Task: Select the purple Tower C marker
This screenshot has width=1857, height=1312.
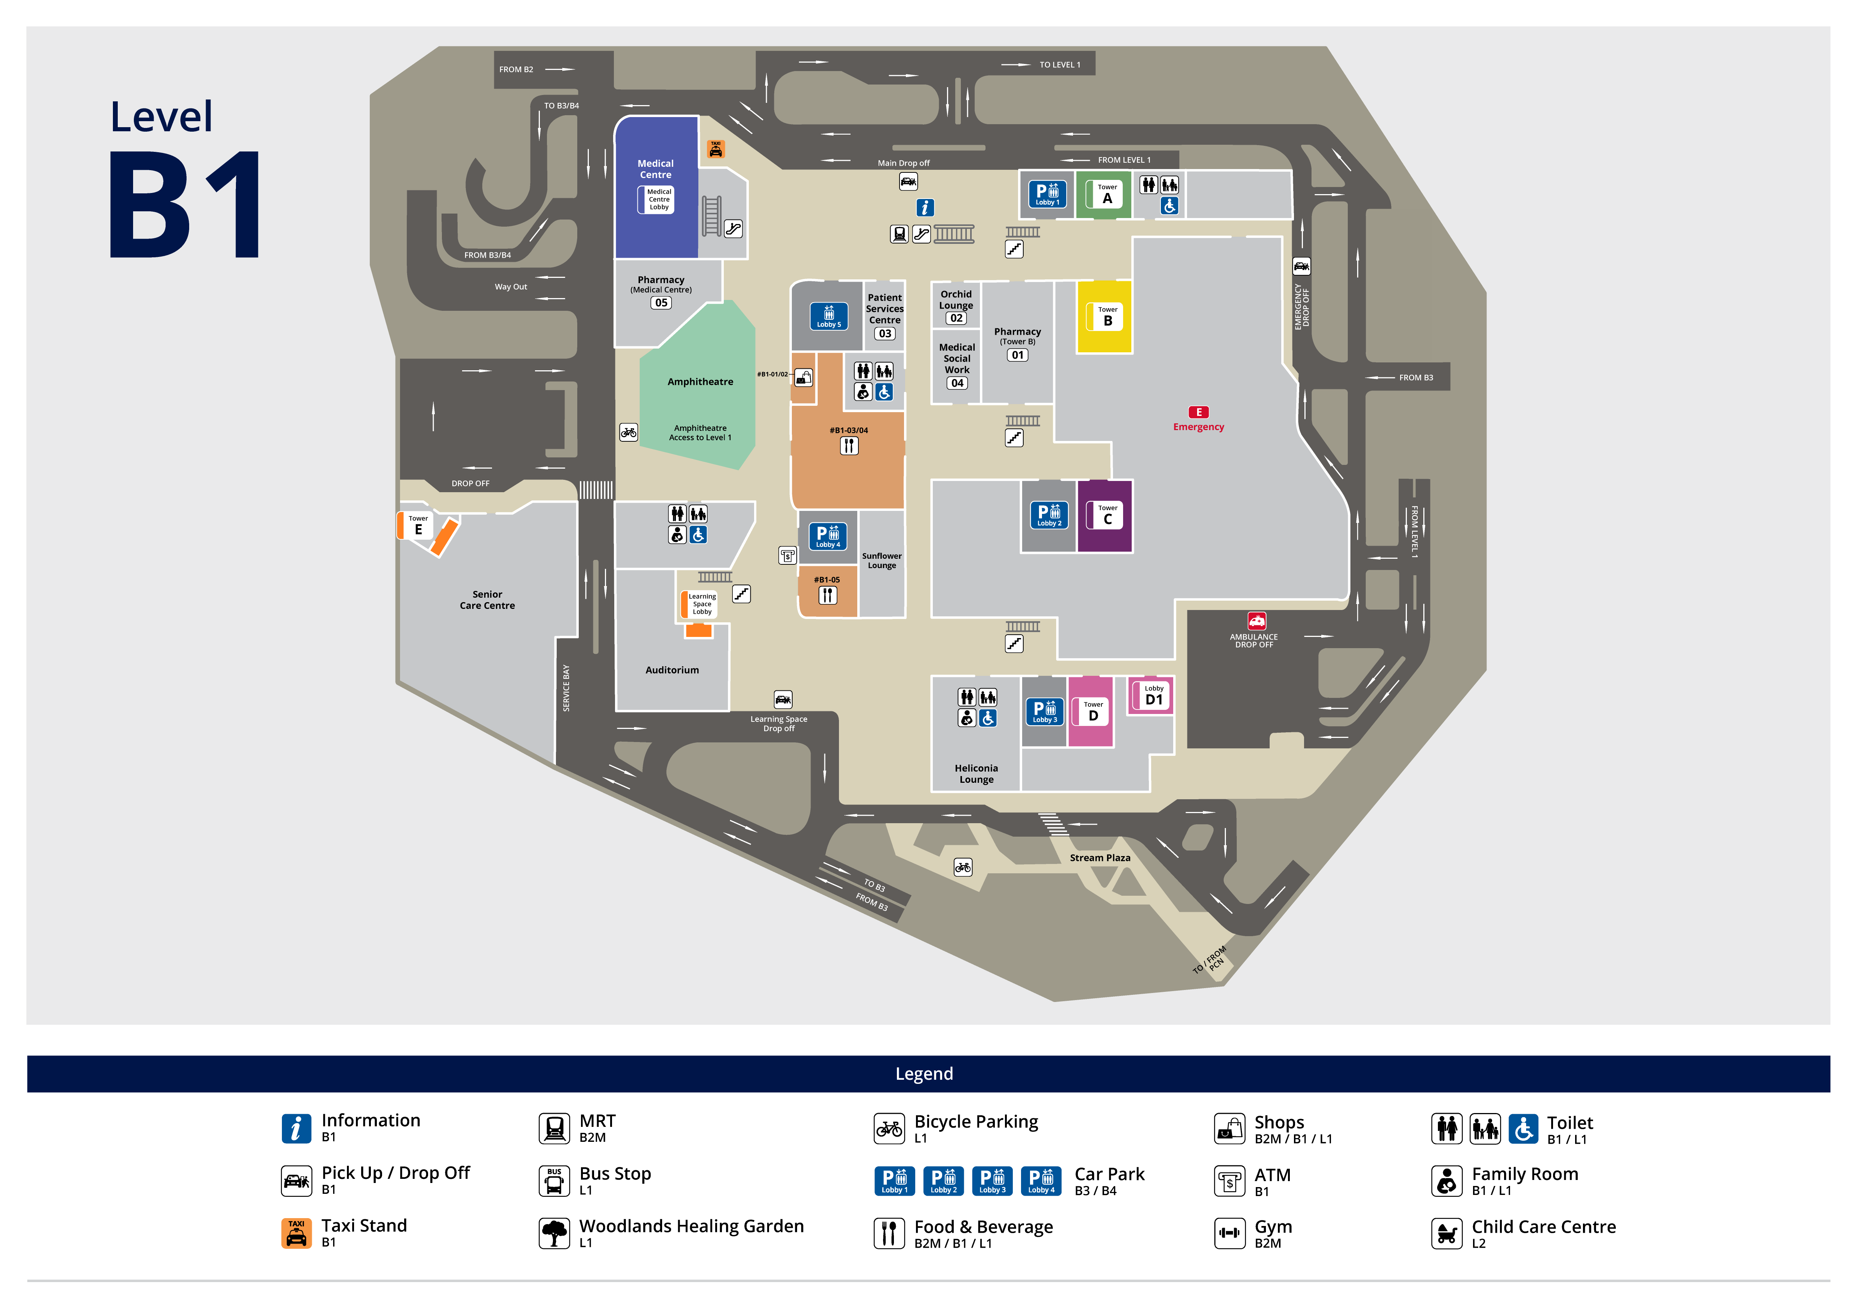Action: tap(1107, 515)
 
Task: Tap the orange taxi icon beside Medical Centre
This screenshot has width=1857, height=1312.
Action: tap(716, 149)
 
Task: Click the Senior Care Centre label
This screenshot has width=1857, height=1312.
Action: tap(487, 600)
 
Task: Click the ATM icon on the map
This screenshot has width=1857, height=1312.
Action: tap(787, 556)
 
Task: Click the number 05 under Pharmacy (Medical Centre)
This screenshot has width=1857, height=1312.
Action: tap(661, 303)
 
